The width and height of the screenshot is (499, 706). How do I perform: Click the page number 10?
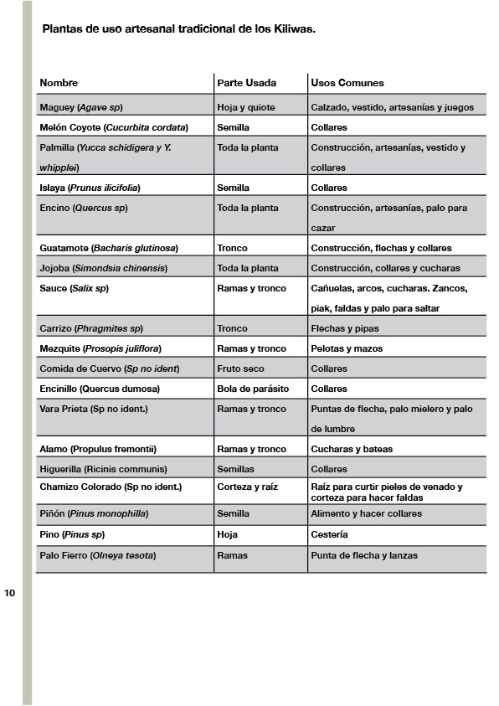(x=9, y=594)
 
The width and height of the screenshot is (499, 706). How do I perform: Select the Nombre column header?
(x=59, y=83)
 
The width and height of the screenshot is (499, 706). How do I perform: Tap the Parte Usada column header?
(x=246, y=83)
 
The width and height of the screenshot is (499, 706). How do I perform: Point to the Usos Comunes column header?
(x=347, y=83)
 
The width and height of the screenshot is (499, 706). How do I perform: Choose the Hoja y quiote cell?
(x=245, y=107)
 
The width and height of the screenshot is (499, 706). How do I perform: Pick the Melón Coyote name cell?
(x=114, y=127)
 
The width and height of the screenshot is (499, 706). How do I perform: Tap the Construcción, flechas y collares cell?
(x=381, y=248)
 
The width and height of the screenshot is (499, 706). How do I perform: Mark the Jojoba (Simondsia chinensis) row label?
(x=103, y=268)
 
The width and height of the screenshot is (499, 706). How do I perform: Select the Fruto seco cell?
(x=240, y=368)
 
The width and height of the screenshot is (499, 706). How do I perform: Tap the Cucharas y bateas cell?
(x=352, y=449)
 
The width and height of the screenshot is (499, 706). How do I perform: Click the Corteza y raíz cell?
(x=247, y=487)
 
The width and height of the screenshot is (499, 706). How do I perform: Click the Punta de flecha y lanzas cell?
(x=364, y=555)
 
